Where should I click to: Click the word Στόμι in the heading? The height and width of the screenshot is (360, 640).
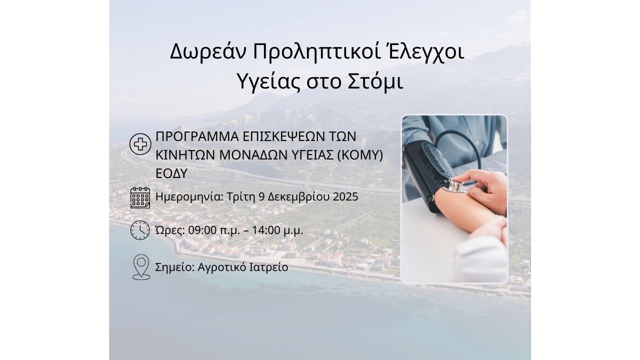(x=375, y=81)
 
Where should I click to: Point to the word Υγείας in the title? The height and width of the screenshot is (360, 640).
(x=268, y=82)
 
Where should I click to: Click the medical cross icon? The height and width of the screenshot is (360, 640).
(x=140, y=144)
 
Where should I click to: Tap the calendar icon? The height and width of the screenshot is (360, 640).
(x=140, y=197)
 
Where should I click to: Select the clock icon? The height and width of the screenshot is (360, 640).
(x=140, y=230)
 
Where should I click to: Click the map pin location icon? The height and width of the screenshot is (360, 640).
(x=141, y=267)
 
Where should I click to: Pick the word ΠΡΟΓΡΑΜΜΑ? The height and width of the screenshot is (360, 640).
(x=197, y=137)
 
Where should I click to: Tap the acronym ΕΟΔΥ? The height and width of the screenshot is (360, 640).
(x=171, y=173)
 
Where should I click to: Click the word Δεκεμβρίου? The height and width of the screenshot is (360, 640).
(x=298, y=197)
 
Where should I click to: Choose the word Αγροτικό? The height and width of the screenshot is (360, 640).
(x=221, y=267)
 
